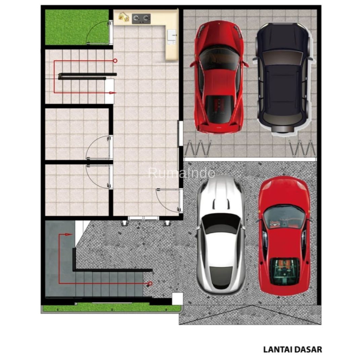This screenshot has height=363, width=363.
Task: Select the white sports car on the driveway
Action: pos(220,235)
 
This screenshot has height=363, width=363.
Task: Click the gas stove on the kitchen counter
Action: pos(141,19)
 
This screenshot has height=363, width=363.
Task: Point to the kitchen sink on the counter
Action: pos(171,36)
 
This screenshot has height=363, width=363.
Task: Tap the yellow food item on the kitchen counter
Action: pos(124,17)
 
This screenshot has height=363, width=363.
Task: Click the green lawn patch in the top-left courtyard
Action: pos(77,27)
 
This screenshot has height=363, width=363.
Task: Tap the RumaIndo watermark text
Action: pos(182,173)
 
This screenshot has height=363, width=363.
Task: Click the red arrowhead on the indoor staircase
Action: pos(113,93)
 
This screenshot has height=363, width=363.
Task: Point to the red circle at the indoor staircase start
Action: pos(115,61)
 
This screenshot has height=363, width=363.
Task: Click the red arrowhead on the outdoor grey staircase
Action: pos(69,235)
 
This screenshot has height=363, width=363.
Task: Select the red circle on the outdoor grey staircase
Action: pos(150,283)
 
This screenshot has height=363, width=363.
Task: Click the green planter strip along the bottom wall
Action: pos(112,308)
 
